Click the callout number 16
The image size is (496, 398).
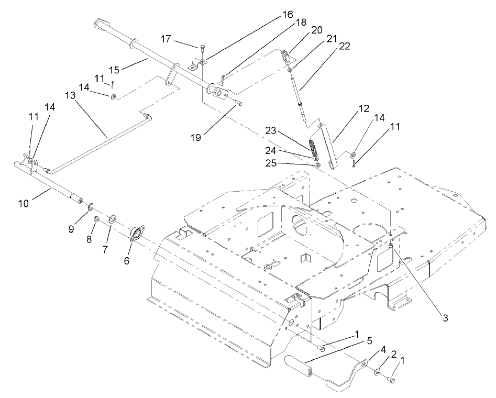point(288,15)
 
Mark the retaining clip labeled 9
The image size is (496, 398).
point(90,204)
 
